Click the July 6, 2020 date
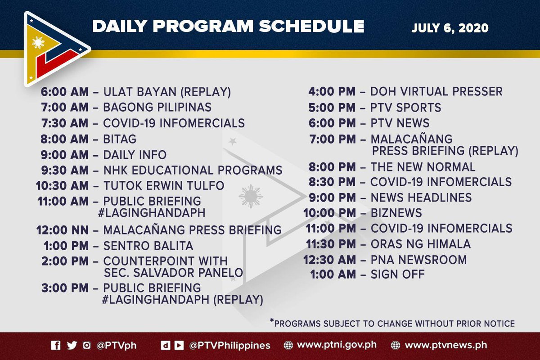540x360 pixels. point(450,27)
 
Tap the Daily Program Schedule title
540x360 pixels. point(228,26)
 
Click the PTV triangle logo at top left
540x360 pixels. point(54,49)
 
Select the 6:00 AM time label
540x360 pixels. point(66,92)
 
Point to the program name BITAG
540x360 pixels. point(120,139)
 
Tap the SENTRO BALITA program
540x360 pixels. point(148,246)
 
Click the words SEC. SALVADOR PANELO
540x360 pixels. point(173,272)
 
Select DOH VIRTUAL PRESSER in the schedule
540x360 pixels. point(436,92)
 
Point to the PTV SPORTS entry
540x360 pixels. point(405,108)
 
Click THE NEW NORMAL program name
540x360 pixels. point(423,167)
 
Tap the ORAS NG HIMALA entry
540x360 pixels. point(420,244)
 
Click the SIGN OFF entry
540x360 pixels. point(397,274)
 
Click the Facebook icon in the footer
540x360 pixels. point(56,346)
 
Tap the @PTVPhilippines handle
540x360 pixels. point(229,346)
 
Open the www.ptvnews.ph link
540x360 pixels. point(446,346)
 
